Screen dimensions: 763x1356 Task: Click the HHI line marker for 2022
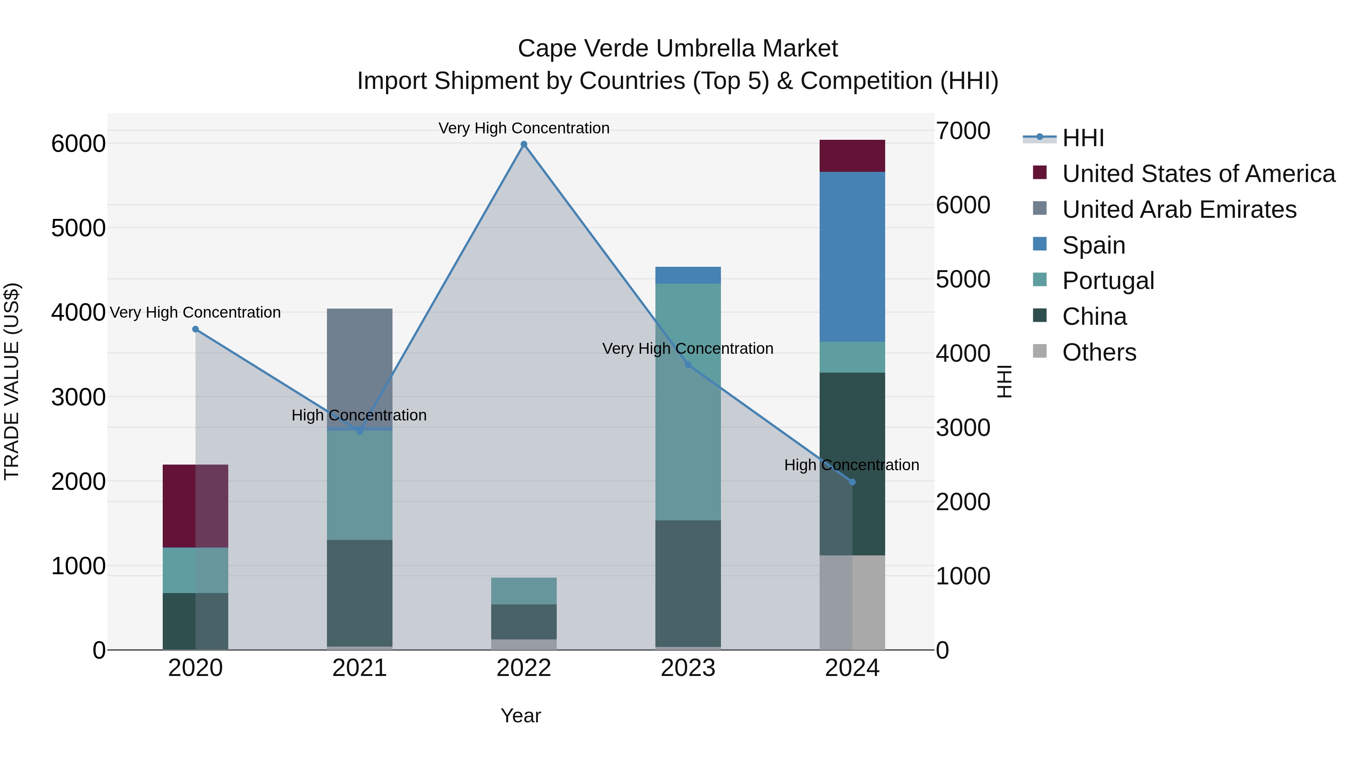coord(524,144)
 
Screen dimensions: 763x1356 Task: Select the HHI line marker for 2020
coord(195,329)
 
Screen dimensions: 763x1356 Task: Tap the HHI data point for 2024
coord(853,482)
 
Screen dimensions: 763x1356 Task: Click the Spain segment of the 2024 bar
coord(852,257)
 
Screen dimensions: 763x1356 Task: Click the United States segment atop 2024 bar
coord(852,156)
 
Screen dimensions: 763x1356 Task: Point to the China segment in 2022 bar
coord(524,621)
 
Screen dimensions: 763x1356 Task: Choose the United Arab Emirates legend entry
coord(1179,209)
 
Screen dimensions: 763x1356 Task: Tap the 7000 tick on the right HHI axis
coord(963,131)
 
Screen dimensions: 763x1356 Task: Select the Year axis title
coord(521,716)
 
